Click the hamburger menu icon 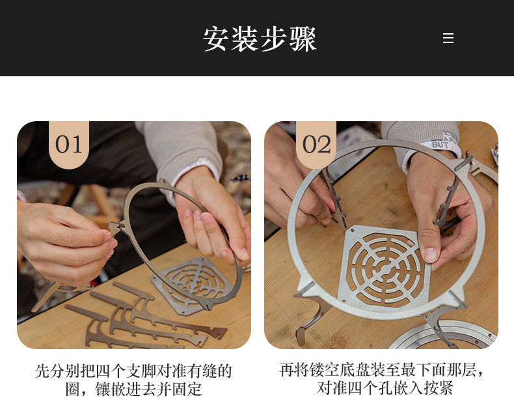click(448, 38)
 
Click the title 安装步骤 click(260, 38)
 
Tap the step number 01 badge click(69, 145)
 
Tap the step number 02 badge click(316, 145)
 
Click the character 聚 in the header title click(303, 38)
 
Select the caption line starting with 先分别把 click(133, 371)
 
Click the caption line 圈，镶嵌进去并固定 click(133, 390)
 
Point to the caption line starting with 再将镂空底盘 click(381, 369)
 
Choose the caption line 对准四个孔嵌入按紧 click(385, 388)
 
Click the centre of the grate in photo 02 click(384, 268)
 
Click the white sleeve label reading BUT click(440, 144)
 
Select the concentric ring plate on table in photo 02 click(442, 336)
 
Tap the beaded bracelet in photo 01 click(241, 179)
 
